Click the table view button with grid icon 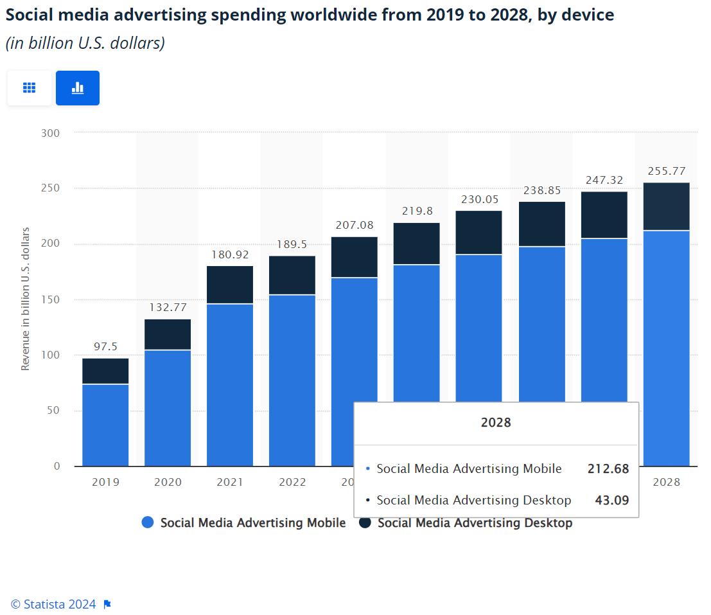pos(29,88)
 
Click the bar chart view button pos(78,88)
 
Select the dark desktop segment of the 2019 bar pos(105,371)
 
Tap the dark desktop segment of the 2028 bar pos(666,206)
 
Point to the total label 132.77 pos(168,308)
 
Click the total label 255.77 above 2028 pos(666,171)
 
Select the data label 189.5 pos(292,244)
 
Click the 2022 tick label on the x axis pos(292,482)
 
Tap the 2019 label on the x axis pos(105,482)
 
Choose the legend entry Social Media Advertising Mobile pos(252,523)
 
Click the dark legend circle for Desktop pos(365,523)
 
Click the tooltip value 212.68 pos(608,469)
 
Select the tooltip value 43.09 pos(611,500)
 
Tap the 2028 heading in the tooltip pos(496,423)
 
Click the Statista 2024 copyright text pos(53,604)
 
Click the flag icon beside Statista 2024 pos(107,604)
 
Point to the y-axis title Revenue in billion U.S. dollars pos(26,299)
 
